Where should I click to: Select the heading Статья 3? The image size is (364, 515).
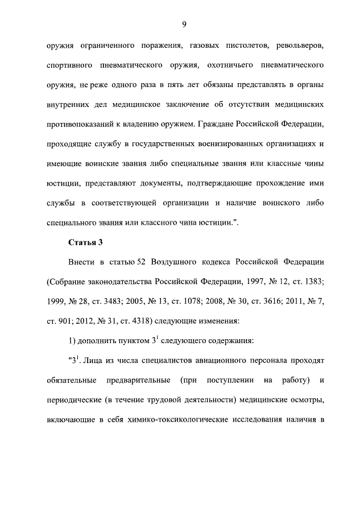tap(85, 242)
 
